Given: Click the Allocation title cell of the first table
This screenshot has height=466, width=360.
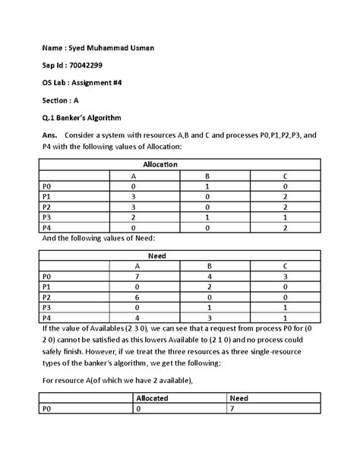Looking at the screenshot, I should (160, 164).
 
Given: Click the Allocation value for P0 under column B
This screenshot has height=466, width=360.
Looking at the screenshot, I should (207, 185).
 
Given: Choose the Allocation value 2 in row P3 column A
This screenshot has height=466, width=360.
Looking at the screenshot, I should (133, 217).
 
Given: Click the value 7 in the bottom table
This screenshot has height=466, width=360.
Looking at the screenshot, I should (232, 408).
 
